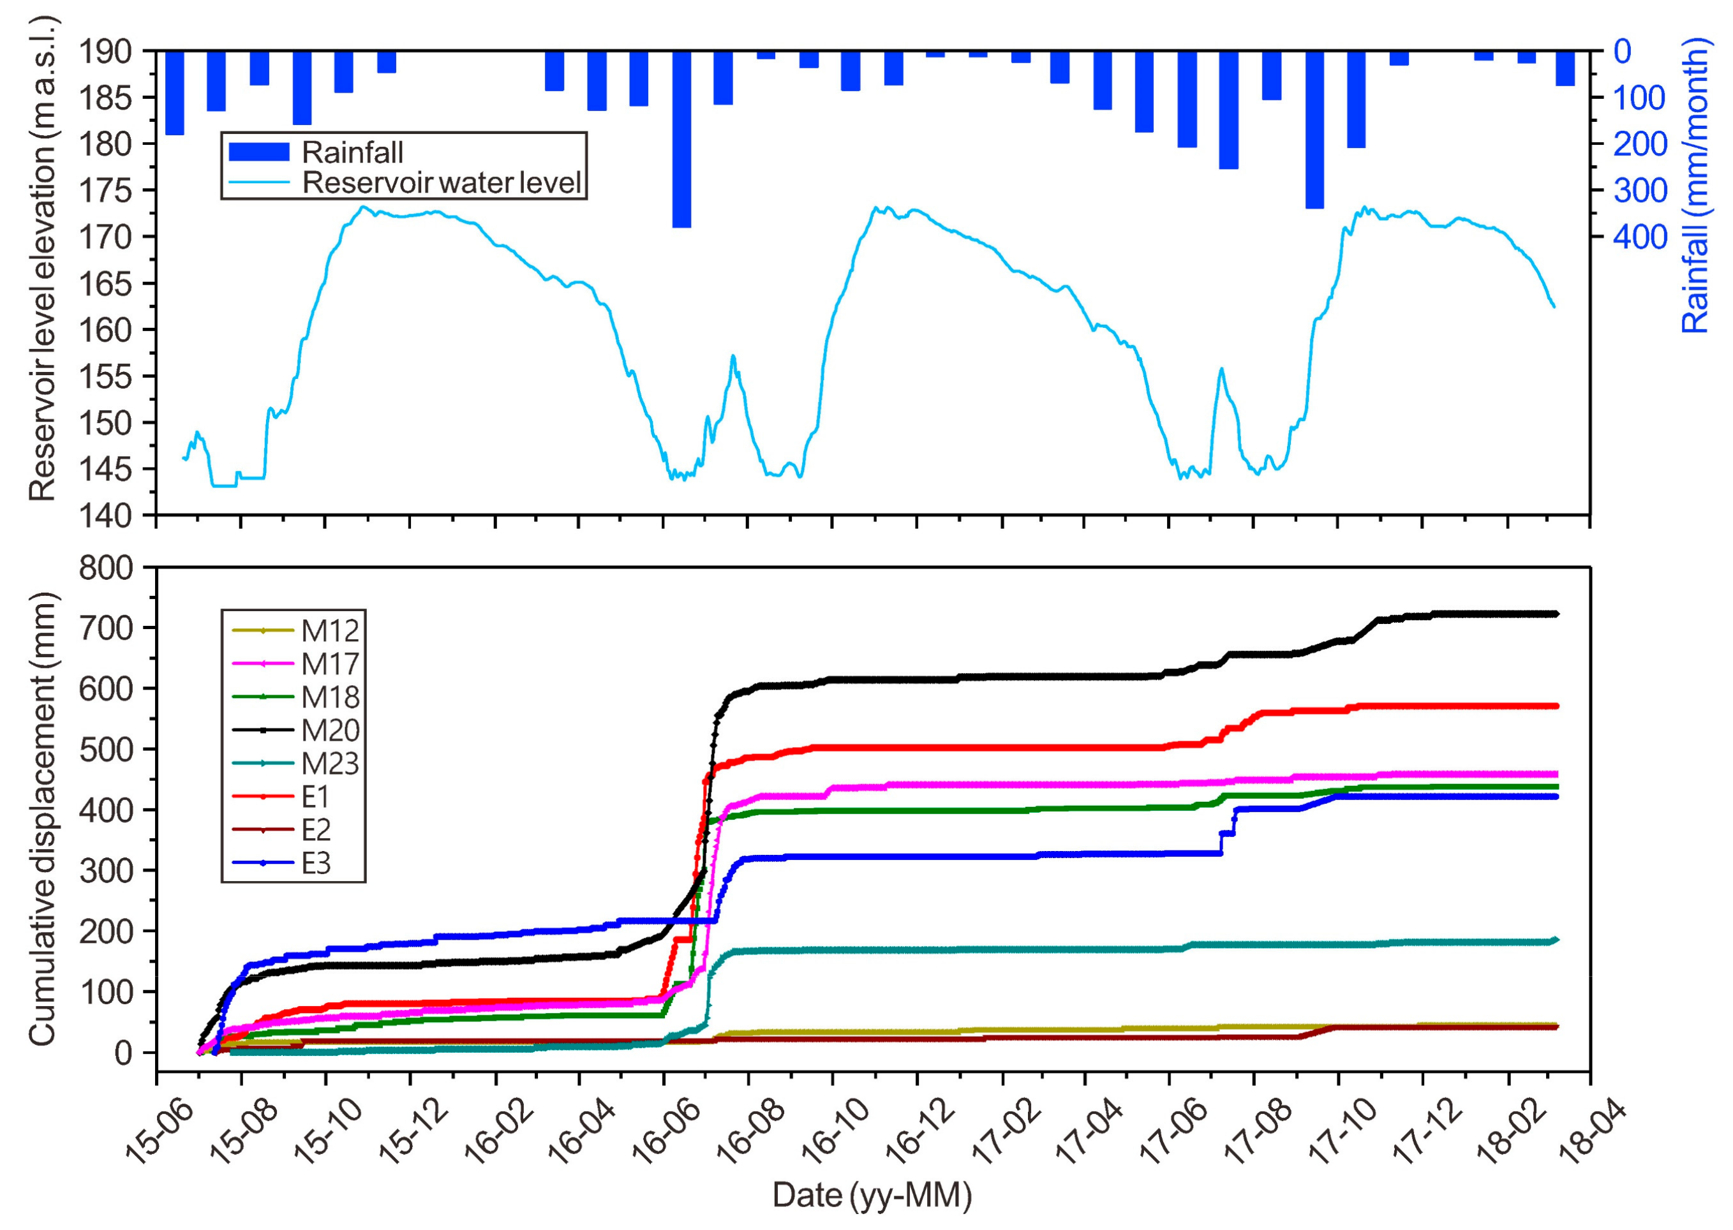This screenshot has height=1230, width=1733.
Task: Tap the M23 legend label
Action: click(x=331, y=764)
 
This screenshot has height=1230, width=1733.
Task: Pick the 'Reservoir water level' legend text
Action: click(x=442, y=182)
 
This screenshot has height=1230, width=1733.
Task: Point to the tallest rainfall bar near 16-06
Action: click(x=681, y=139)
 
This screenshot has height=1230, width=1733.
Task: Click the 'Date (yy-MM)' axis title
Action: click(x=872, y=1195)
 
